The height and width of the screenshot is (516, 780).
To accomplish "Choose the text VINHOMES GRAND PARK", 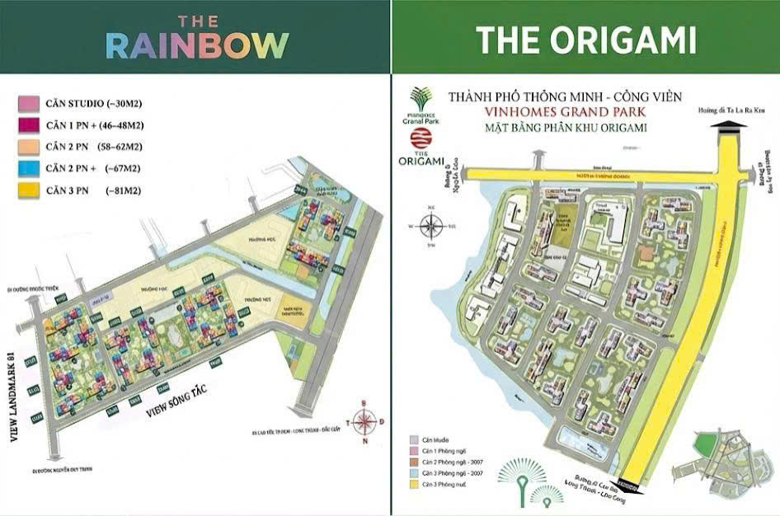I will (565, 112).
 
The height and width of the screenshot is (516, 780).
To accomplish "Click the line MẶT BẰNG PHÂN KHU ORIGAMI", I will (565, 128).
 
